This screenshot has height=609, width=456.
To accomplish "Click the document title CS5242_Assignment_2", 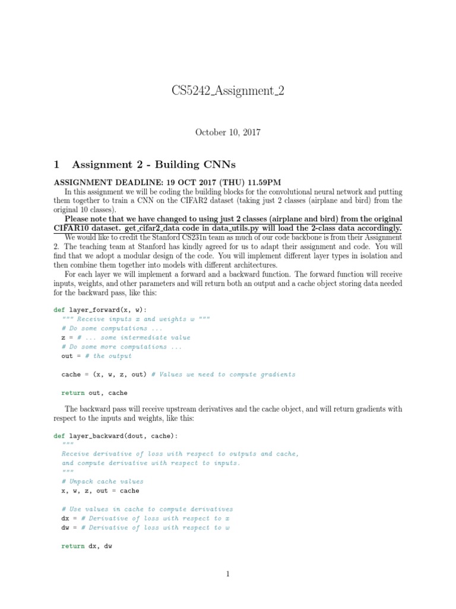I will point(227,92).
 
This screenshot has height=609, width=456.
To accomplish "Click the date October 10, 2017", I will point(228,132).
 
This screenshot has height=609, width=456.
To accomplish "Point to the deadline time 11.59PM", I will point(261,182).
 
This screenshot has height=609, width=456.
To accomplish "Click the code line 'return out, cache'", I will point(94,393).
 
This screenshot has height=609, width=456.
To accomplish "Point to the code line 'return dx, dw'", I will point(87,546).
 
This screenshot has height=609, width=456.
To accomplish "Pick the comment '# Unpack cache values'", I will point(102,481).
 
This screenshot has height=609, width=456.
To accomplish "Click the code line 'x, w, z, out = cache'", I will point(100,491).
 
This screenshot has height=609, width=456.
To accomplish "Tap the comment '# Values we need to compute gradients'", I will point(223,374).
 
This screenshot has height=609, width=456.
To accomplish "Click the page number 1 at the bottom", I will point(227,574).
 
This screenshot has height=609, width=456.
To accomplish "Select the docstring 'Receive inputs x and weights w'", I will point(136,319).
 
